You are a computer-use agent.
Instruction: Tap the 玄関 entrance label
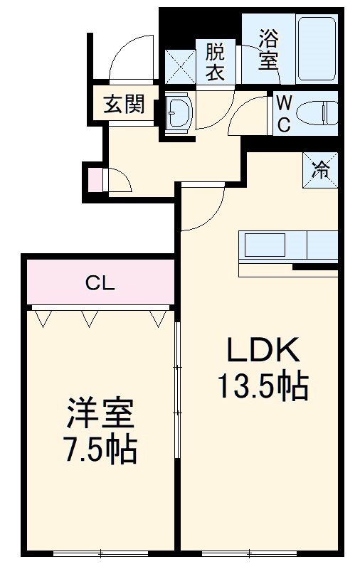click(x=125, y=105)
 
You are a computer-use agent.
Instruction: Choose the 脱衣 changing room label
click(x=216, y=62)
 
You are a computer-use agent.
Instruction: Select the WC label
click(x=282, y=114)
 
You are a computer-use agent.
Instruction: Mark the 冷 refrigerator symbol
click(x=321, y=170)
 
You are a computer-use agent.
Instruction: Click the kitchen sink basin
click(x=264, y=246)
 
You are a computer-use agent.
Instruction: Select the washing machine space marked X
click(x=181, y=63)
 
